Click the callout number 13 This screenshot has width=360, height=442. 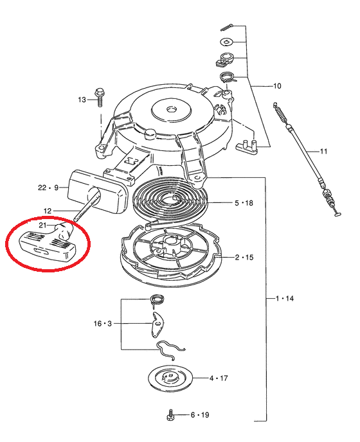point(82,100)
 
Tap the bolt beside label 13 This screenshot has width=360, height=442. point(99,97)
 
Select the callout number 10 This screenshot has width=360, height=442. point(277,85)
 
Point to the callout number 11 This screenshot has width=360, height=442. point(323,152)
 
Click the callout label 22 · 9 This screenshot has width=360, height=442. point(48,188)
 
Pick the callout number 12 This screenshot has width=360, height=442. point(48,211)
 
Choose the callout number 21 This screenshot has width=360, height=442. point(42,225)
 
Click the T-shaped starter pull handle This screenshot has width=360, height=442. point(48,243)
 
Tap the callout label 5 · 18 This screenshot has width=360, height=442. point(244,203)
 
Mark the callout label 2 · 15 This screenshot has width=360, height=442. point(244,258)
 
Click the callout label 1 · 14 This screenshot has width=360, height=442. point(284,298)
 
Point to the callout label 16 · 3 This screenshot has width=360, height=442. point(103,323)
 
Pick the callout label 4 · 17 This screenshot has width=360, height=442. point(219,378)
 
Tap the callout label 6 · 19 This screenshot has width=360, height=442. point(200,414)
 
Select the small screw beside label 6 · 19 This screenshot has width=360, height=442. point(171,415)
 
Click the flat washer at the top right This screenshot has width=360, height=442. point(227,42)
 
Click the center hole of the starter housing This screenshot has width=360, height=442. point(172,109)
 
